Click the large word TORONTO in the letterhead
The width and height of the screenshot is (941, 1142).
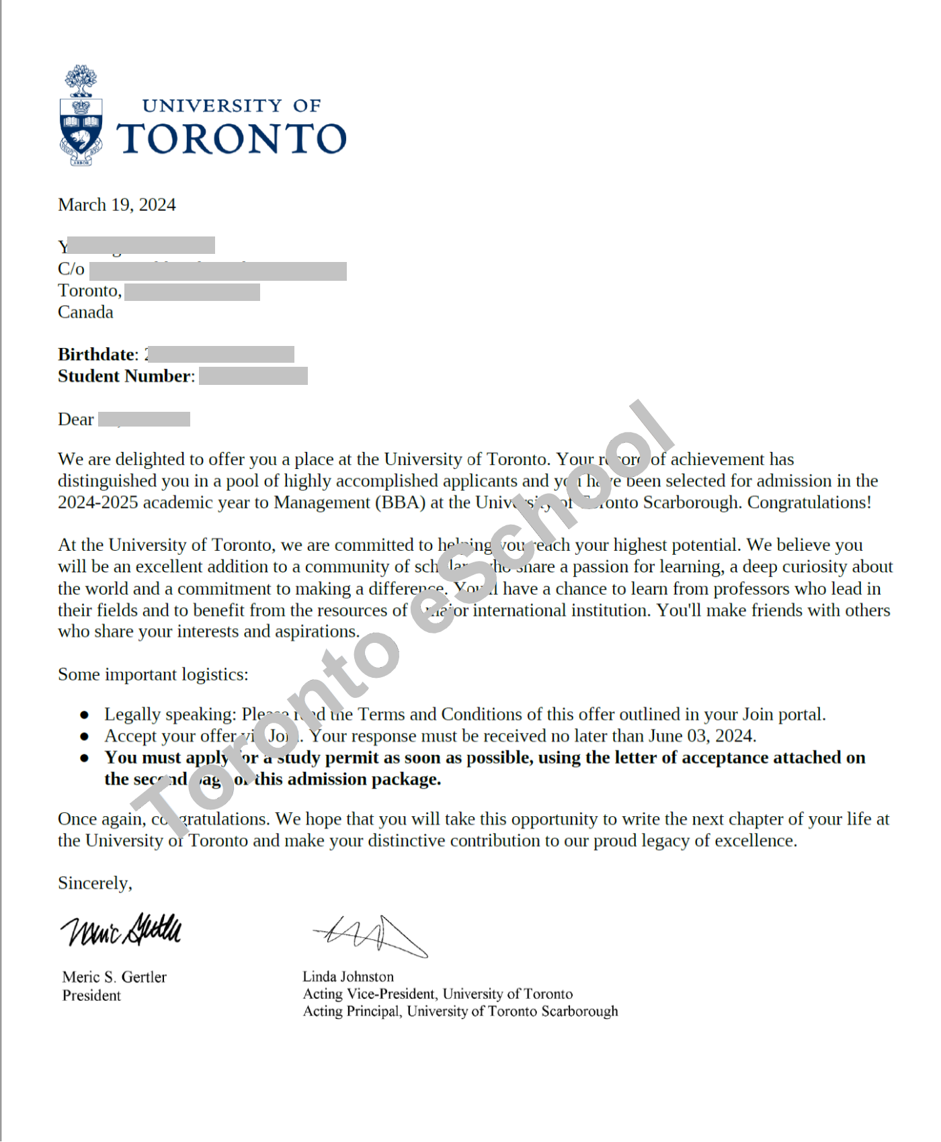[x=232, y=139]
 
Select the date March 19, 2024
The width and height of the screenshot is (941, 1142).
[x=117, y=205]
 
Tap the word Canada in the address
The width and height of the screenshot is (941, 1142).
[x=85, y=312]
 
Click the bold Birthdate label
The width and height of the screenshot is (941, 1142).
[x=97, y=355]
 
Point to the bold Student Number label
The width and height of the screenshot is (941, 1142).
[x=126, y=376]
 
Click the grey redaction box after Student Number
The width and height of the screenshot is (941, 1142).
[x=253, y=376]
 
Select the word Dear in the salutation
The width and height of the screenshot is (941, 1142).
[x=75, y=420]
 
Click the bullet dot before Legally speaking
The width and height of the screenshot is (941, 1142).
[x=84, y=715]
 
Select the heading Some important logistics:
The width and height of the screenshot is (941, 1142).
[x=153, y=674]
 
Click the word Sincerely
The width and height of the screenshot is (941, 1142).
[x=95, y=883]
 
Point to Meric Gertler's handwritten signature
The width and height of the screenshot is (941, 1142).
[x=122, y=930]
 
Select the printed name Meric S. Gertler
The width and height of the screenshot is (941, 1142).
[x=114, y=977]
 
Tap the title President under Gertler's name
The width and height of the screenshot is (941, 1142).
[x=91, y=996]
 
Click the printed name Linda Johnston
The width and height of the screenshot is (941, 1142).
[x=348, y=977]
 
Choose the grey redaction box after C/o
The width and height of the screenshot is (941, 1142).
[x=218, y=271]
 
